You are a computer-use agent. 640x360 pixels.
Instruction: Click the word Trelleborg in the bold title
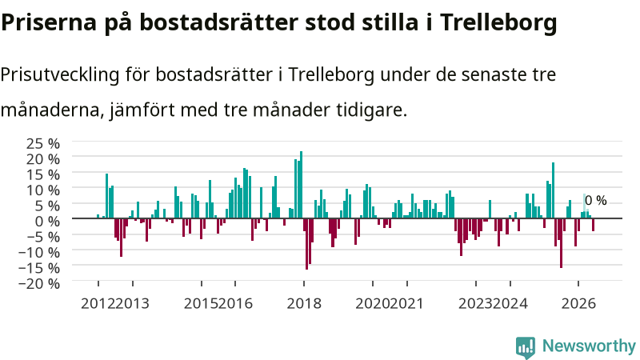(498, 23)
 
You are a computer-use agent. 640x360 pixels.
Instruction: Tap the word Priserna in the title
(49, 23)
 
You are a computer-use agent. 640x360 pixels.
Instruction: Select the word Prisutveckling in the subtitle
(60, 75)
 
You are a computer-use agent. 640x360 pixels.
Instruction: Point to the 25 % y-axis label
(43, 144)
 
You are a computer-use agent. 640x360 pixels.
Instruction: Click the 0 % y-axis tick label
(47, 222)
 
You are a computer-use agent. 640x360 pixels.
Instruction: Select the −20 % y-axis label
(39, 283)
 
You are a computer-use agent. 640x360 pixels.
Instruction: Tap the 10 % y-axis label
(43, 190)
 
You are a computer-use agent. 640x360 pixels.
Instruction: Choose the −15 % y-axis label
(39, 268)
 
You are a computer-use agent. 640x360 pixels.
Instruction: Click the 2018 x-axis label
(304, 304)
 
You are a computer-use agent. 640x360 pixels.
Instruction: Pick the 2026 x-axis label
(578, 304)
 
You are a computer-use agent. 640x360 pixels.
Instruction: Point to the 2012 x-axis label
(98, 304)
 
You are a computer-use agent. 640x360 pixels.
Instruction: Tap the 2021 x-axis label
(406, 304)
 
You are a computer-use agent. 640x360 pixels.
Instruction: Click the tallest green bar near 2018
(302, 185)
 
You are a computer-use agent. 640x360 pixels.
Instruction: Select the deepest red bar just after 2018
(307, 244)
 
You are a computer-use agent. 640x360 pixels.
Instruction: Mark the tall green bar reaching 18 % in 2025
(553, 190)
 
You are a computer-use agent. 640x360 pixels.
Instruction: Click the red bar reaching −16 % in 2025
(562, 243)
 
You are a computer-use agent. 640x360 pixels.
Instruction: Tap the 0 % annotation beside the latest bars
(595, 201)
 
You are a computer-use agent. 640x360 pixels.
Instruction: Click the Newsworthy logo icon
(526, 347)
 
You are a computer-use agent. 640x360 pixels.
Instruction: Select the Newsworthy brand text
(589, 346)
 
